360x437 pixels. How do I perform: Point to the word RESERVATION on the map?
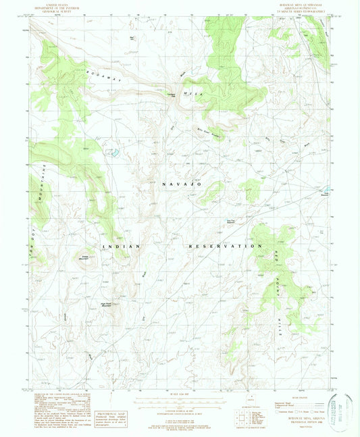(x=225, y=247)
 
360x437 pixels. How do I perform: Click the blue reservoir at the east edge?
(x=326, y=190)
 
